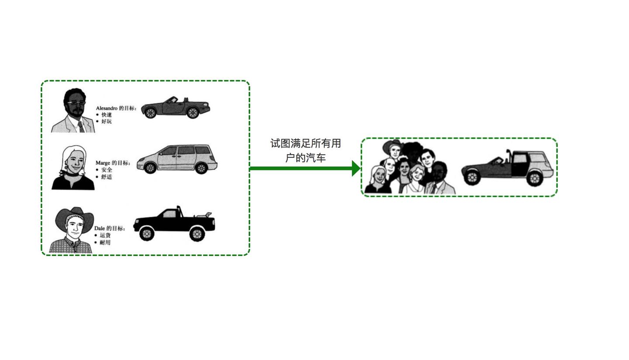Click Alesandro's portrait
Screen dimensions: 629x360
point(73,110)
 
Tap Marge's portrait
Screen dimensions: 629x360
point(73,168)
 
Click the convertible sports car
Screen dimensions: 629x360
point(176,107)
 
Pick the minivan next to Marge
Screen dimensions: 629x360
point(177,159)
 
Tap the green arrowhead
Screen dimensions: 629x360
point(356,168)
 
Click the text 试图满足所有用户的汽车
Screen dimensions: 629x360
point(305,150)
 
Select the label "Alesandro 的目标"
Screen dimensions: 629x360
point(116,108)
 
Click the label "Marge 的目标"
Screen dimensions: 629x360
point(113,163)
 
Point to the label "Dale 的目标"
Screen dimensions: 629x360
point(109,228)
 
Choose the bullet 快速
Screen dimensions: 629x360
point(107,115)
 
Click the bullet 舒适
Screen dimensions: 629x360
point(107,177)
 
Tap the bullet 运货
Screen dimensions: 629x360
point(105,235)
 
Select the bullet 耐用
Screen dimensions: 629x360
point(105,242)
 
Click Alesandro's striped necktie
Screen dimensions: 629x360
point(81,126)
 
